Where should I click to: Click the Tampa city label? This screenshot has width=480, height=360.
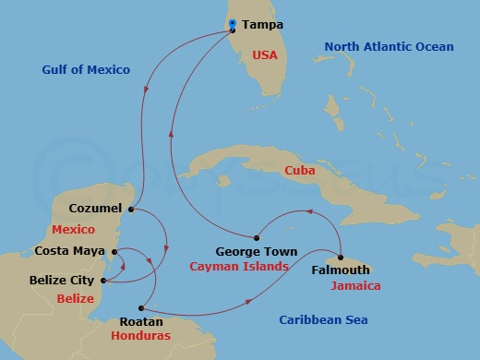(262, 26)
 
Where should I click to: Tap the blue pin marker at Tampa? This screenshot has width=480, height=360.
(233, 24)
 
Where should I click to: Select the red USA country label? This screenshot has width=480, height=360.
(266, 55)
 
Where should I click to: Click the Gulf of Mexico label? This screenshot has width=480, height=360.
(86, 70)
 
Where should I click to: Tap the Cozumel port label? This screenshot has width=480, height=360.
(96, 209)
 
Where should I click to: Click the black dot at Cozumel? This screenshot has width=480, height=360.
(131, 210)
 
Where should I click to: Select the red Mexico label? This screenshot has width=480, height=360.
(74, 229)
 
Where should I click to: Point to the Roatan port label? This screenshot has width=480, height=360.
(141, 322)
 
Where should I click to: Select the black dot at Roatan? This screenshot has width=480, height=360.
(140, 307)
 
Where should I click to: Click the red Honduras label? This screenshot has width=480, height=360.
(142, 337)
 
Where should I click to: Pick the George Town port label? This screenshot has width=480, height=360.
(256, 251)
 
